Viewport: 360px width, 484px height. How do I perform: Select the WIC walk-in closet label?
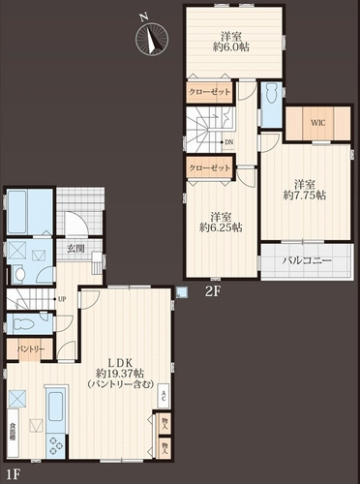click(x=316, y=123)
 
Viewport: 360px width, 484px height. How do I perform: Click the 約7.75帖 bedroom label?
click(x=304, y=189)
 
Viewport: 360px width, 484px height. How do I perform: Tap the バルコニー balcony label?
click(x=307, y=261)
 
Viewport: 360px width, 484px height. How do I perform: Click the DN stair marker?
click(x=229, y=142)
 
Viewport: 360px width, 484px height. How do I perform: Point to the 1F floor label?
click(x=11, y=473)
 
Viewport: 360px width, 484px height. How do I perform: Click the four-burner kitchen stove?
click(x=54, y=441)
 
